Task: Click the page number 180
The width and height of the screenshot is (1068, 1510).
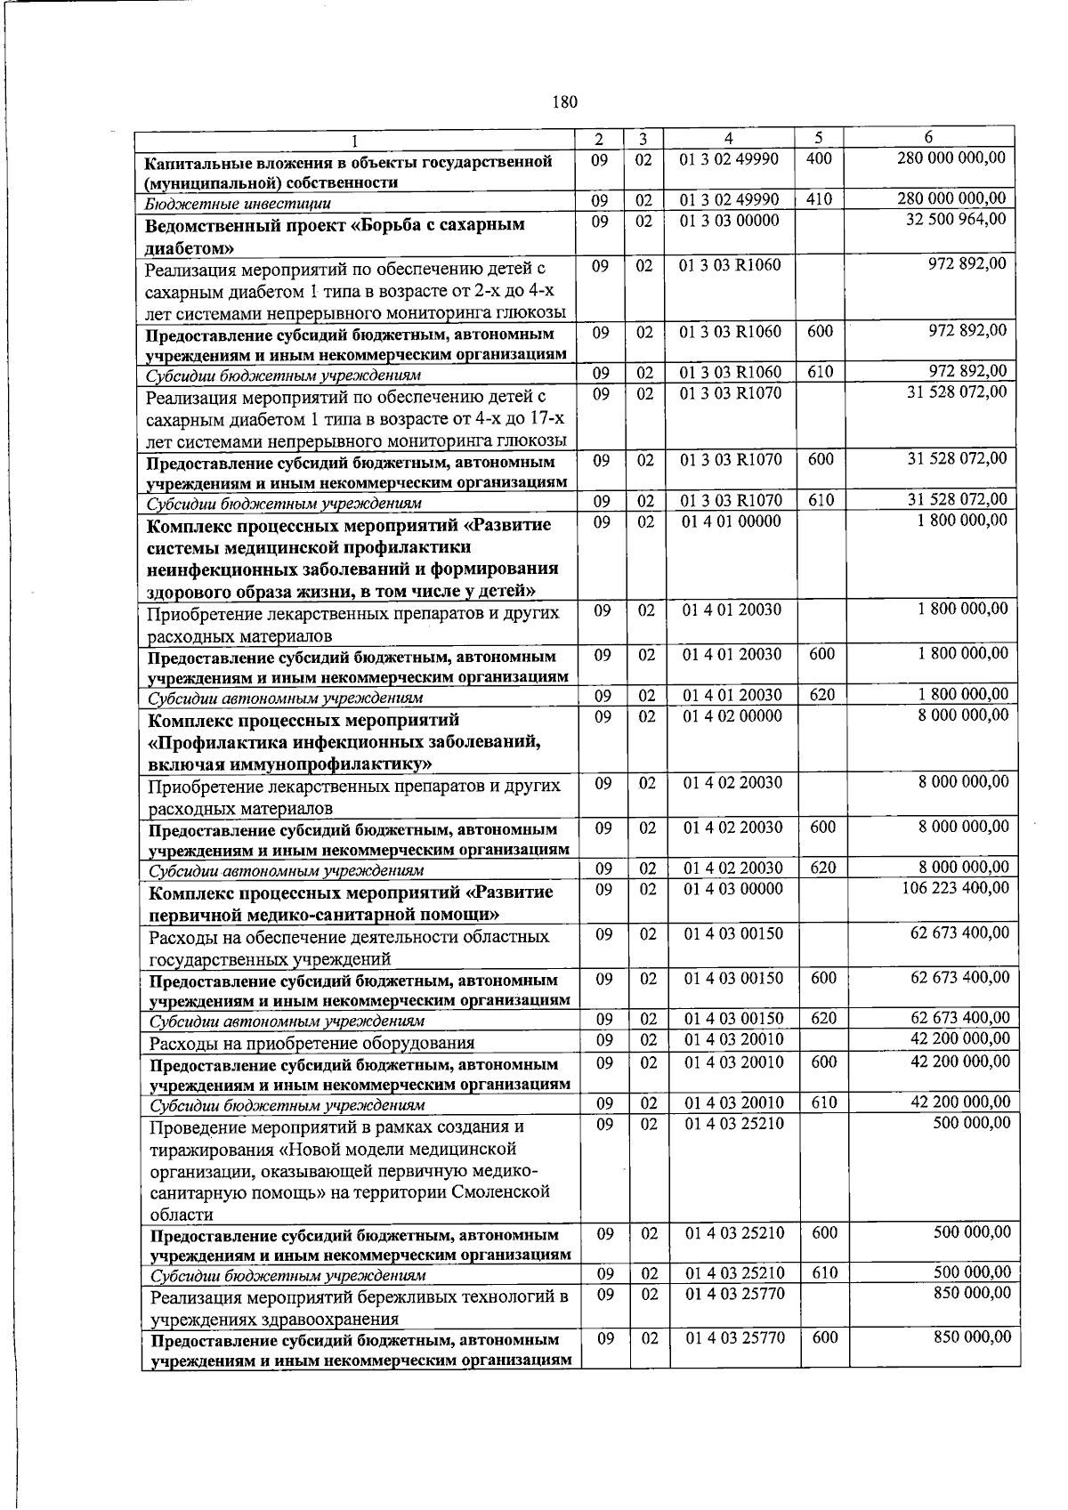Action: (565, 101)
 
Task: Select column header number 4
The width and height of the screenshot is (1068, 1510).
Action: (728, 139)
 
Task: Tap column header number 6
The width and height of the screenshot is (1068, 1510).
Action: (928, 138)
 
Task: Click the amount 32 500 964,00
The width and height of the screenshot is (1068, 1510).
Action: (956, 219)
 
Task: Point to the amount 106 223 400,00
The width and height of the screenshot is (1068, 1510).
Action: (953, 888)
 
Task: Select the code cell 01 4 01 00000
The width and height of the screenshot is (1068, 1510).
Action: (731, 521)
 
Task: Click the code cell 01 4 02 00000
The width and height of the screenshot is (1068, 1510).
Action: (732, 716)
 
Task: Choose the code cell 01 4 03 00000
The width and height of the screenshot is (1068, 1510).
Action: (732, 889)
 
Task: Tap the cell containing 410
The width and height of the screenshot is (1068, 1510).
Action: (819, 200)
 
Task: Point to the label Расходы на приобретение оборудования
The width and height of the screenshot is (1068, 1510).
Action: (311, 1043)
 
